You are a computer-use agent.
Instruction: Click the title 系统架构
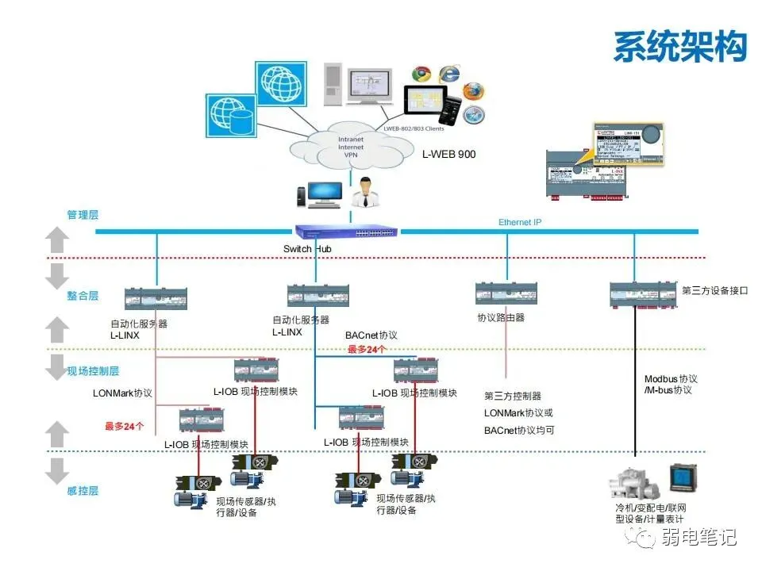pos(679,46)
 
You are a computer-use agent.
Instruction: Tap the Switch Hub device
pos(347,232)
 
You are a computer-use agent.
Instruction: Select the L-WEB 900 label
pos(448,154)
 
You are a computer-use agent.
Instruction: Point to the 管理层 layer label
pos(83,215)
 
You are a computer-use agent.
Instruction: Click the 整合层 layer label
pos(83,296)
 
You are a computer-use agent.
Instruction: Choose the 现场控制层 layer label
pos(93,370)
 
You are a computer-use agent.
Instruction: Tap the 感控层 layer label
pos(83,491)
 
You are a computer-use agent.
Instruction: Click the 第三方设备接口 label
pos(715,290)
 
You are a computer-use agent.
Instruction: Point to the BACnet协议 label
pos(371,335)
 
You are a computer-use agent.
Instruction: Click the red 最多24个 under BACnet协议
pos(368,349)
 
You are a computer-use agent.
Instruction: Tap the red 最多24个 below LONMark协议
pos(125,426)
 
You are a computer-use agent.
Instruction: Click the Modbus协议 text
pos(671,379)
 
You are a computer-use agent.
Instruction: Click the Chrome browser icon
pos(421,75)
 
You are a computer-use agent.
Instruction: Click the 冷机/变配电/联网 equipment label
pos(651,508)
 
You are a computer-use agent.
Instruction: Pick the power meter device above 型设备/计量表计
pos(682,478)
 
